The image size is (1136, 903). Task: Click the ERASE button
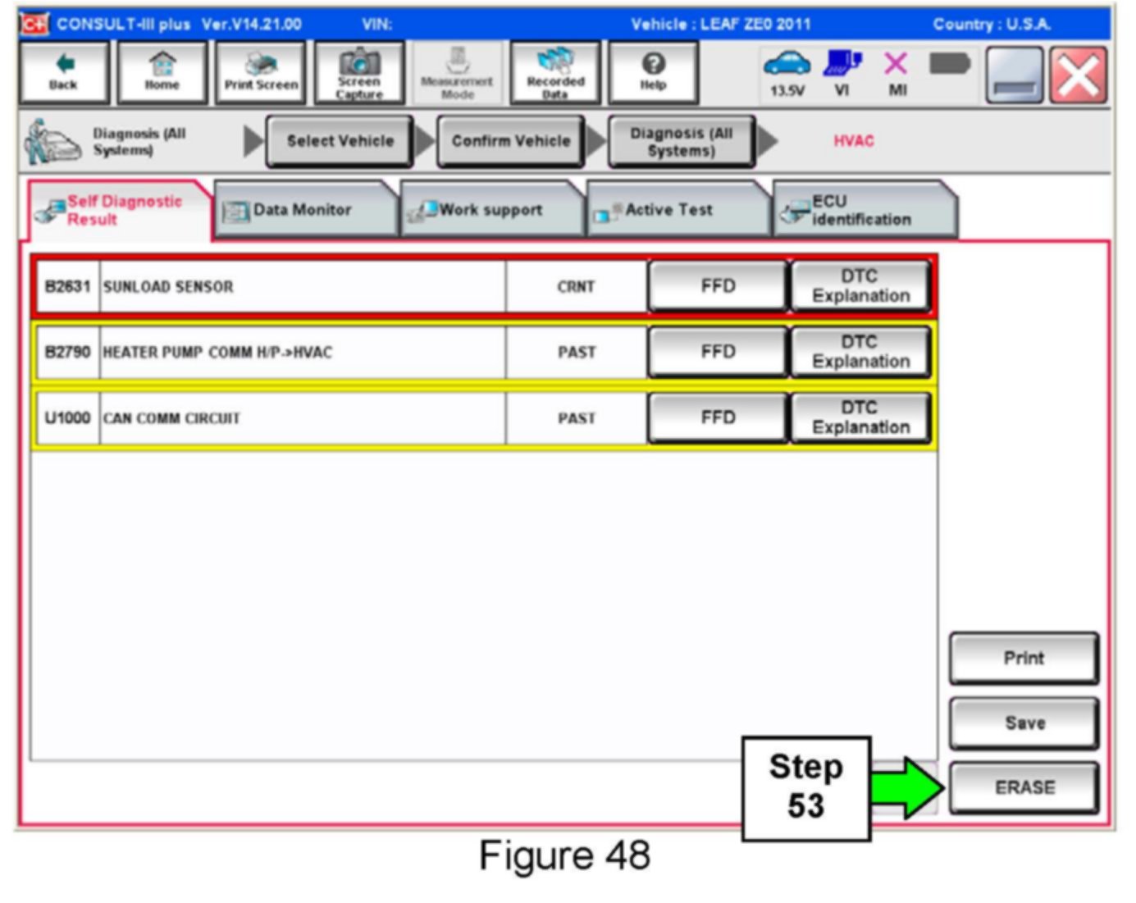point(1024,787)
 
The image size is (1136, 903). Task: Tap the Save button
point(1024,723)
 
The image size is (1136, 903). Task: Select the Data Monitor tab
point(303,210)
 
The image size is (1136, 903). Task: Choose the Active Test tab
point(668,210)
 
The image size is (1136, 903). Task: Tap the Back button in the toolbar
point(63,73)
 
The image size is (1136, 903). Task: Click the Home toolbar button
point(162,73)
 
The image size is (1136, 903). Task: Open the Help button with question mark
point(653,73)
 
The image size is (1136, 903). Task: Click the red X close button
point(1078,75)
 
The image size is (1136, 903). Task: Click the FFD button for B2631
point(718,286)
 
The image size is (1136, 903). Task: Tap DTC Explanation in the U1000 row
point(860,417)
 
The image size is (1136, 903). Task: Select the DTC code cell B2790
point(67,352)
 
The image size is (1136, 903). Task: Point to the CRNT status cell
point(576,286)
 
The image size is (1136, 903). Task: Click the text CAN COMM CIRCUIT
point(171,418)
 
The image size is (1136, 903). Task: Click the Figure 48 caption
point(564,855)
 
